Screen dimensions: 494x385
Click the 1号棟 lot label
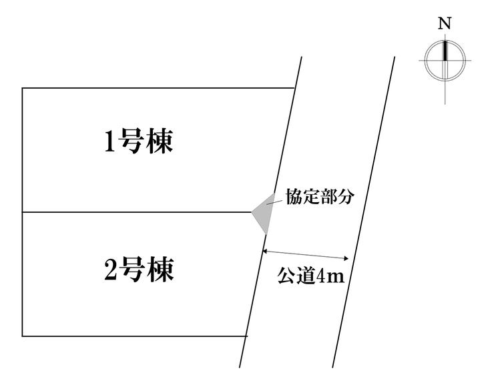pos(139,141)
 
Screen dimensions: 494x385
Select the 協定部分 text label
pos(320,197)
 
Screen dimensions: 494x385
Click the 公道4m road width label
pos(310,276)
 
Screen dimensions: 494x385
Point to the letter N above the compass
pos(445,23)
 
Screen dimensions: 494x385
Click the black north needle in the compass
pos(445,51)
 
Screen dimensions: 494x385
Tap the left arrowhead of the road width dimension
pos(265,251)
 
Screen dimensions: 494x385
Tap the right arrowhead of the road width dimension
pos(346,258)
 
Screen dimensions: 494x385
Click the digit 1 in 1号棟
pos(109,142)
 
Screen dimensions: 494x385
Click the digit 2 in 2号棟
pos(110,270)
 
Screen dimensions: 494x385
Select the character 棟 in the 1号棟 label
pos(160,141)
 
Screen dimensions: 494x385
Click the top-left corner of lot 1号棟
pos(23,88)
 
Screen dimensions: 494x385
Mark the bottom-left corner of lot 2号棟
pos(23,336)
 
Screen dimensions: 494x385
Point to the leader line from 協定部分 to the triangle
pos(274,202)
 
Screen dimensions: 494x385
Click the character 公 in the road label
pos(286,276)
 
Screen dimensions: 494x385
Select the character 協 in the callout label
pos(294,197)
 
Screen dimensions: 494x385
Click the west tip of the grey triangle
pos(252,212)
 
